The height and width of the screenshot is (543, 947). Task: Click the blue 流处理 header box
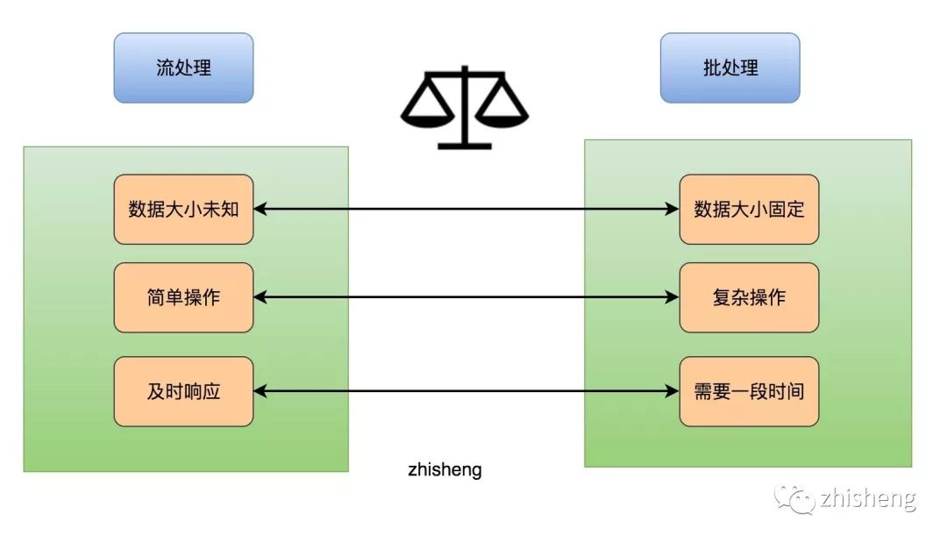[183, 68]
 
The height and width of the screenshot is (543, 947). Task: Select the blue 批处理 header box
[730, 68]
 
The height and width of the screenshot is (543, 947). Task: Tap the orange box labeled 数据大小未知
[183, 209]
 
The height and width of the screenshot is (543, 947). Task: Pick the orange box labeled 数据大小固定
[749, 209]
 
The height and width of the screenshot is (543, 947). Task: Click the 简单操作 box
[183, 297]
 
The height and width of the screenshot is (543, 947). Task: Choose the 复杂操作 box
[749, 297]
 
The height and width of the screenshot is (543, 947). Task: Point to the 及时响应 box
[183, 391]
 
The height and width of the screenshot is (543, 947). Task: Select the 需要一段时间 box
[749, 391]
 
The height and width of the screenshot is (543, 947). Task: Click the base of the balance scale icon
[464, 144]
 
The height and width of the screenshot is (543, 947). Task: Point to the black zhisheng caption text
[445, 470]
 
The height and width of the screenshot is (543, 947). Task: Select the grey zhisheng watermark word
[868, 499]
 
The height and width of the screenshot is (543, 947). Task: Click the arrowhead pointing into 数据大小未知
[260, 209]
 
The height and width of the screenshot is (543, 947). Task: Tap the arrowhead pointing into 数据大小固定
[673, 209]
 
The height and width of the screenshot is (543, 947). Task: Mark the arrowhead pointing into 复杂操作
[673, 297]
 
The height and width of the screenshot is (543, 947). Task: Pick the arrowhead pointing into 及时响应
[260, 391]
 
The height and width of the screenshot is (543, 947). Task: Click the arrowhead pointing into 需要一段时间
[673, 391]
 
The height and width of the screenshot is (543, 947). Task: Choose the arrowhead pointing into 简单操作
[260, 297]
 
